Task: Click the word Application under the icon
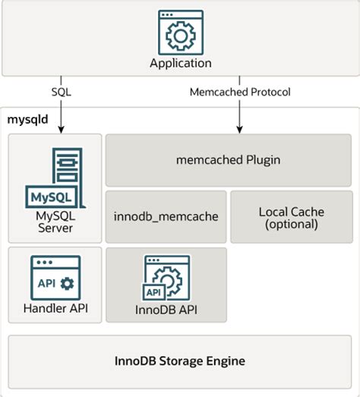point(180,63)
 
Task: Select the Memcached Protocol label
point(239,92)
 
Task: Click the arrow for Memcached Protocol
point(239,114)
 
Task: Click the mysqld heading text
point(28,119)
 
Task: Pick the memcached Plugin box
point(228,160)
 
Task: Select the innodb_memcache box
point(165,216)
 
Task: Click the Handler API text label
point(55,309)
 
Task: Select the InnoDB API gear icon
point(166,276)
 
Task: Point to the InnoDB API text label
point(166,309)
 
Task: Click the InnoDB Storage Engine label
point(180,359)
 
